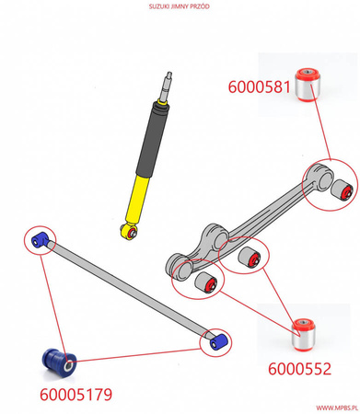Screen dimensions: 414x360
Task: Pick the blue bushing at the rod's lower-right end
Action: (216, 341)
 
